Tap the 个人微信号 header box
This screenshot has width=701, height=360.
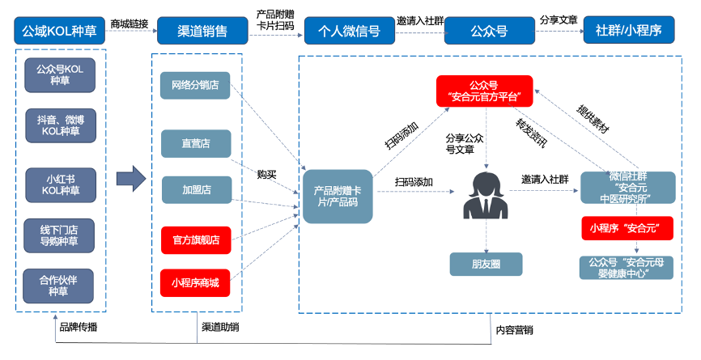[x=343, y=32]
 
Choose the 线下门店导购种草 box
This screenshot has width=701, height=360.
[x=60, y=234]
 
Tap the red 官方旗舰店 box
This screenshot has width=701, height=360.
[x=196, y=239]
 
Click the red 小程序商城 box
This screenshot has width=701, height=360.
[x=196, y=283]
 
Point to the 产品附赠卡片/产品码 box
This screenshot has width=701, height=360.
[x=338, y=195]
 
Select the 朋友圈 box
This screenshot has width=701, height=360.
[x=486, y=264]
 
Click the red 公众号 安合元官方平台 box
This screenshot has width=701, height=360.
[x=484, y=91]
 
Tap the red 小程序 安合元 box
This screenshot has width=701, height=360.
[x=627, y=229]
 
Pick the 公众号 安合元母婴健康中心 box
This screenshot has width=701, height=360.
[x=627, y=267]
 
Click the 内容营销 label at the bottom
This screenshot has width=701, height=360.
[x=514, y=329]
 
